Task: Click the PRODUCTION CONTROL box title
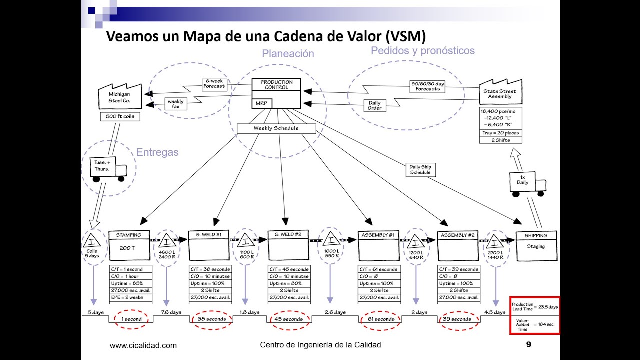[276, 84]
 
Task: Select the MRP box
[261, 103]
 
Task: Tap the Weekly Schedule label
[276, 128]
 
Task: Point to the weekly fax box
[176, 104]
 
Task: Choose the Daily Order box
[374, 106]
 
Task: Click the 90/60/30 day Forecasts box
[428, 86]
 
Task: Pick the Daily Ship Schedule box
[420, 170]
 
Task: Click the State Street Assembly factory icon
[500, 93]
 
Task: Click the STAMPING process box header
[128, 235]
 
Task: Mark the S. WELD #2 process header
[288, 235]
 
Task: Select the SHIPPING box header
[536, 235]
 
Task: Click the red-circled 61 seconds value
[381, 319]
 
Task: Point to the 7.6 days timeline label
[171, 312]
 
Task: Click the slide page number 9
[529, 344]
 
